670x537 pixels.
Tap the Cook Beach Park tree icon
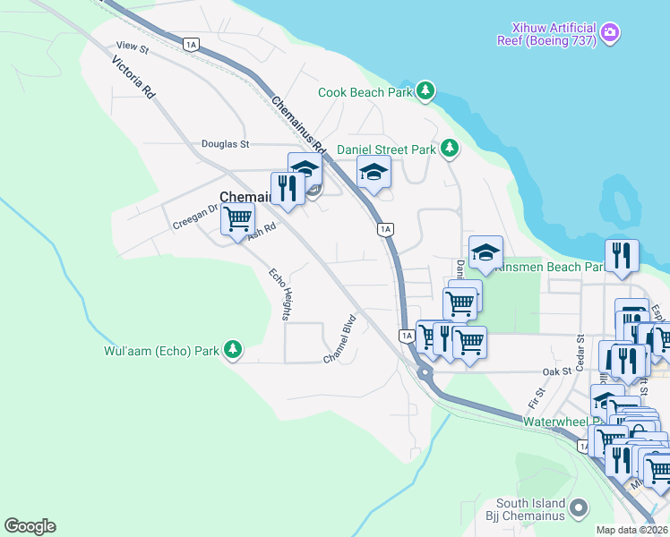(425, 91)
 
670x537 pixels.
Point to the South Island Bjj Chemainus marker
(580, 508)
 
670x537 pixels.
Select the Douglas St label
(225, 143)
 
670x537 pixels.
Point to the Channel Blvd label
(342, 337)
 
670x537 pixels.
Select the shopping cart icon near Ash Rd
(237, 217)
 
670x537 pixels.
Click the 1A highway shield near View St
(190, 44)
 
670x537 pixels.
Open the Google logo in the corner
(30, 526)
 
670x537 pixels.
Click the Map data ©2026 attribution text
(632, 530)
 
